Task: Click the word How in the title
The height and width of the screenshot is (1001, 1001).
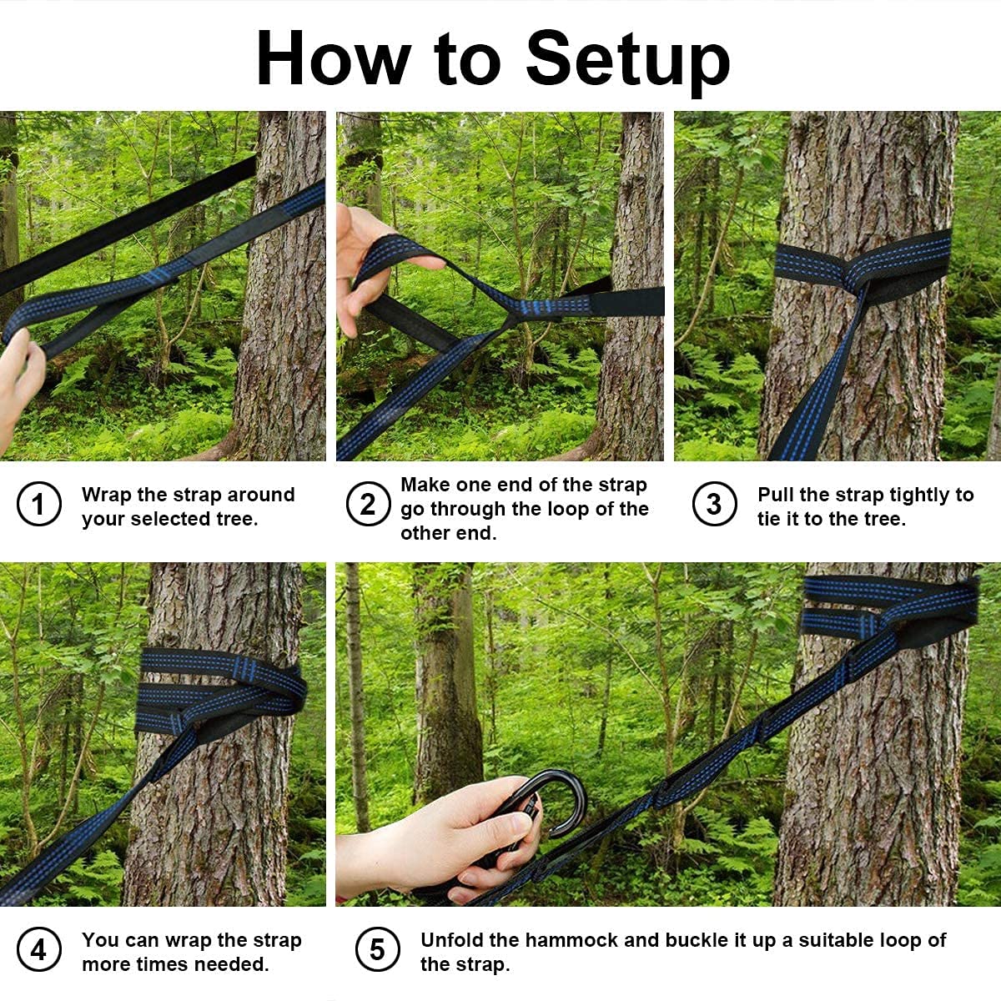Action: tap(334, 58)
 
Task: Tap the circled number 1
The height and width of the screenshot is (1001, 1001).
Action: tap(39, 504)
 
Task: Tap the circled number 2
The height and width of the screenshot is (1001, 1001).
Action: tap(369, 504)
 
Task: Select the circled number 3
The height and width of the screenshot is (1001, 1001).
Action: tap(714, 504)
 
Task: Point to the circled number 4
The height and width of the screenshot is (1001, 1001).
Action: tap(39, 949)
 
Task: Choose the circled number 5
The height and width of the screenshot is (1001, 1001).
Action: tap(378, 949)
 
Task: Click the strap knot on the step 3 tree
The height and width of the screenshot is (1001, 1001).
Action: tap(858, 278)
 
